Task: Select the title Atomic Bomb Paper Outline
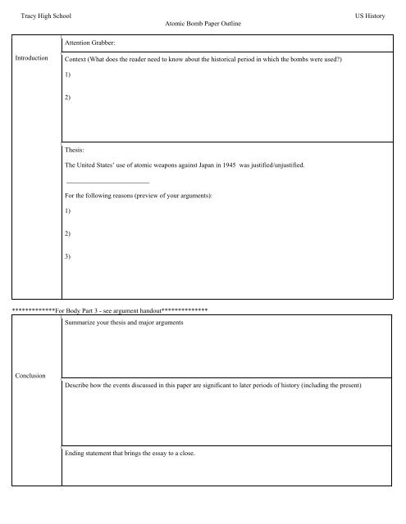[203, 25]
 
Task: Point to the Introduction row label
[30, 59]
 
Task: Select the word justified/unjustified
[273, 165]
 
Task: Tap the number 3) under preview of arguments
[67, 257]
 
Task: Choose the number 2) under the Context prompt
[67, 97]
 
